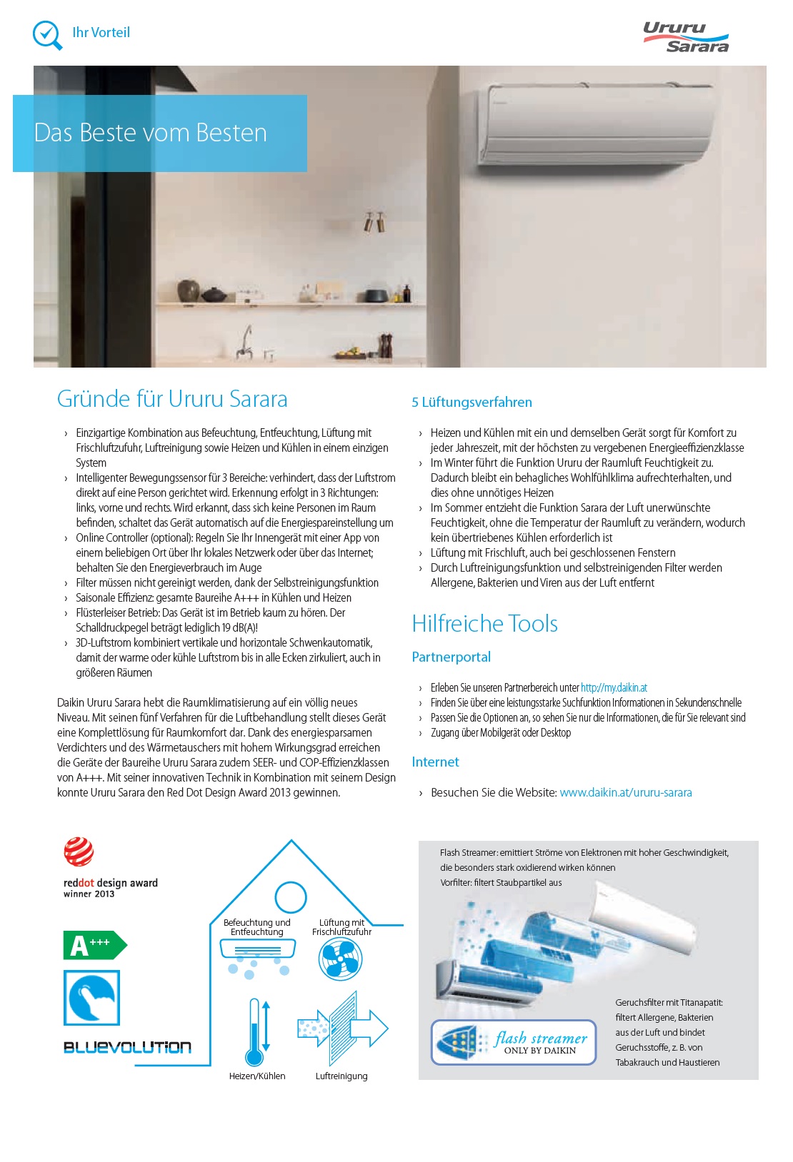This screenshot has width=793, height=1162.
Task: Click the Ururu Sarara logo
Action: (685, 37)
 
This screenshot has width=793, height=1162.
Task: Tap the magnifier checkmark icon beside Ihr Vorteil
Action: (48, 34)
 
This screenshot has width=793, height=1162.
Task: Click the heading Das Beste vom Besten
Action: (151, 133)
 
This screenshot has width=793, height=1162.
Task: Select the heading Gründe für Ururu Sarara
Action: (172, 399)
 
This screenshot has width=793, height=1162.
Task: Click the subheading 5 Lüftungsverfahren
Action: (472, 403)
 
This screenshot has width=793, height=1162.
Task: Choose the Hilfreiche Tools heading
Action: (484, 624)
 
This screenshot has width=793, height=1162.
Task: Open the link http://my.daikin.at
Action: (614, 688)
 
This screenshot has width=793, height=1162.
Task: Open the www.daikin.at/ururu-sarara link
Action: (625, 793)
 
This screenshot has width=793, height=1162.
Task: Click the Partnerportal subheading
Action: (451, 657)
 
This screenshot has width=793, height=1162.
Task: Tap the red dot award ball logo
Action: (79, 852)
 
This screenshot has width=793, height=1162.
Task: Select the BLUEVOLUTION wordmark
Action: (127, 1048)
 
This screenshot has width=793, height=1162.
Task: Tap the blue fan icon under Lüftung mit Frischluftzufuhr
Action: (341, 959)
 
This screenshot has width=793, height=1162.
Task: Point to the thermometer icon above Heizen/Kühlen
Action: (254, 1032)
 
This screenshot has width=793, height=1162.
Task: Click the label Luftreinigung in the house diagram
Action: (341, 1076)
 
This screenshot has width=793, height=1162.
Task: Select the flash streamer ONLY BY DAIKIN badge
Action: (513, 1043)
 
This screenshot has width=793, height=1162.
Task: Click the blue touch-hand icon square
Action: (91, 998)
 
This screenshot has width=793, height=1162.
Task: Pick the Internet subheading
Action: (435, 762)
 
